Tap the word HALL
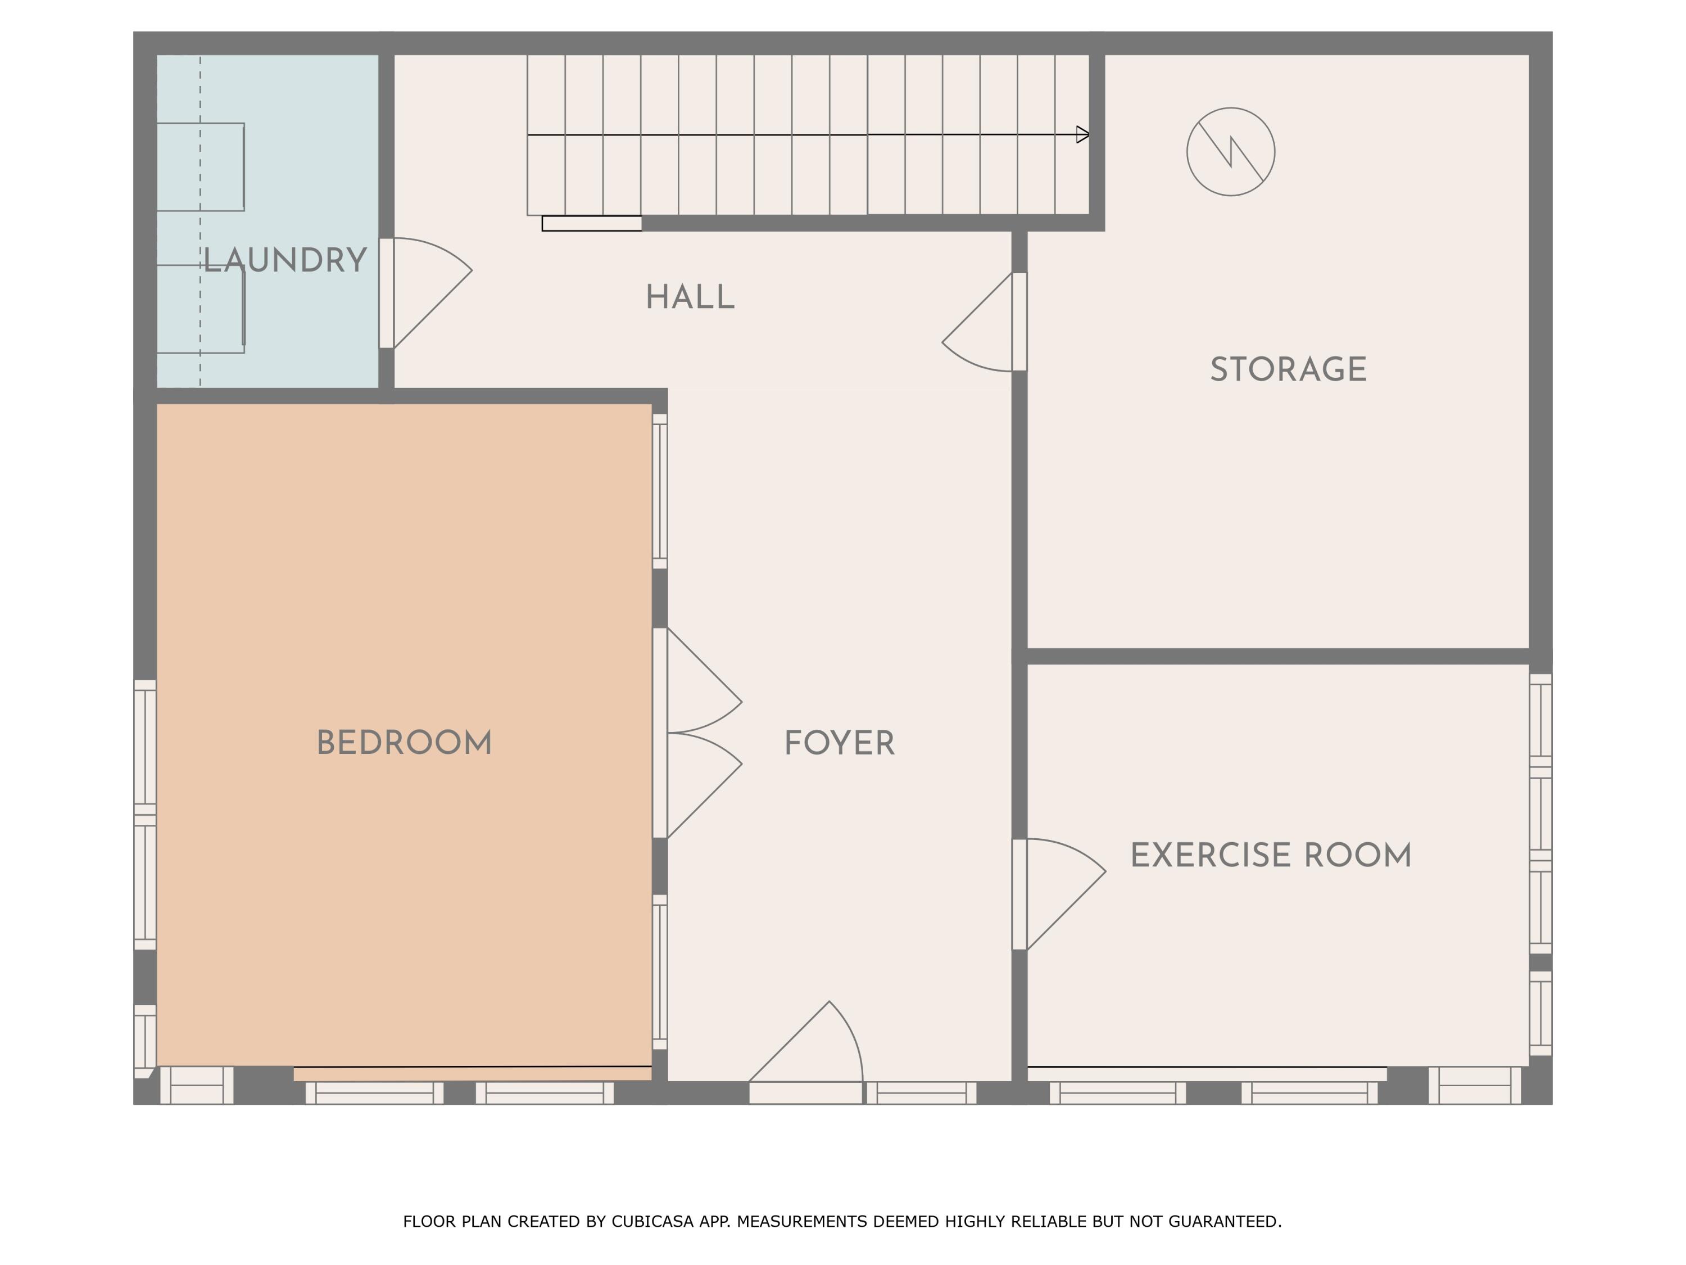tap(690, 297)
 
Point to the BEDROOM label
tap(404, 743)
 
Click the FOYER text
tap(839, 743)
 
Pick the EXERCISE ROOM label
tap(1271, 856)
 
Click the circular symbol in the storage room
tap(1230, 152)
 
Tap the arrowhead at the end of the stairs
tap(1082, 135)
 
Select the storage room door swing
tap(977, 322)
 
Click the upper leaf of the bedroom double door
tap(704, 680)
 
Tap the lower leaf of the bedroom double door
tap(704, 785)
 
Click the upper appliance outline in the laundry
tap(201, 167)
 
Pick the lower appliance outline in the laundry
tap(201, 309)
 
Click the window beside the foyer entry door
tap(922, 1092)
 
